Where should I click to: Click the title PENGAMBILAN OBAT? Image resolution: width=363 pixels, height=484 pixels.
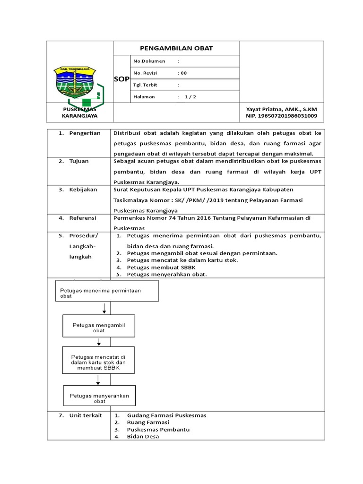(x=176, y=48)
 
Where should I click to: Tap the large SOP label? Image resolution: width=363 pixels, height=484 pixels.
(x=121, y=79)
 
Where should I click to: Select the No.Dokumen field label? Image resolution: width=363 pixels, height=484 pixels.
(x=149, y=61)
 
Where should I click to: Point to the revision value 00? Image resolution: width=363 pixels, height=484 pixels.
(x=182, y=73)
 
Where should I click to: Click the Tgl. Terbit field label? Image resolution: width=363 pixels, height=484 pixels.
(x=146, y=85)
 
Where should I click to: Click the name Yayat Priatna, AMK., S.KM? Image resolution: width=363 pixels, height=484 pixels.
(x=281, y=109)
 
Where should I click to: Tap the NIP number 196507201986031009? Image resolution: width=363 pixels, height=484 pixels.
(x=281, y=116)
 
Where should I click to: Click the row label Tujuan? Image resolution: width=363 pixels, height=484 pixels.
(x=79, y=161)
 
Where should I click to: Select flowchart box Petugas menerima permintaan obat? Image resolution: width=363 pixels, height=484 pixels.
(x=107, y=291)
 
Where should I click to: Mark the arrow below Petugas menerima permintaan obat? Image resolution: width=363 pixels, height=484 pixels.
(x=104, y=308)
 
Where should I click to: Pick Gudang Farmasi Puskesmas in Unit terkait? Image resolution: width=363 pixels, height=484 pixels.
(x=166, y=415)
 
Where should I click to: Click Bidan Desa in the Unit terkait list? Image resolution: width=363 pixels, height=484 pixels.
(x=143, y=436)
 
